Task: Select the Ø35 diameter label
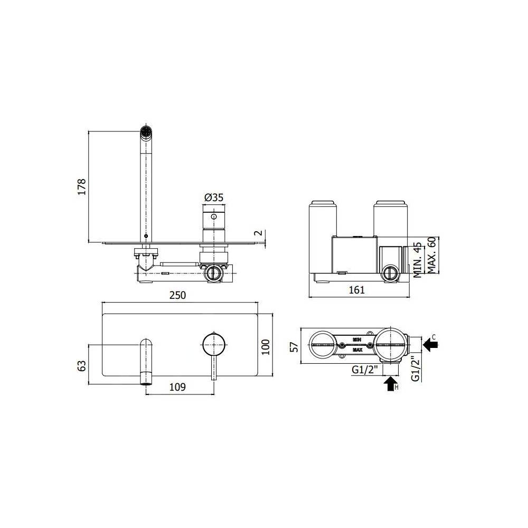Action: [214, 197]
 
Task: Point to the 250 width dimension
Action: [178, 296]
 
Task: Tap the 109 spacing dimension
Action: [178, 387]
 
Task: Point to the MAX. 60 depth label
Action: [431, 256]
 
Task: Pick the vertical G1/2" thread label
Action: [416, 368]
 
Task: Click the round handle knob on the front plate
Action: [213, 344]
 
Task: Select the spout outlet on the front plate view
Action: [145, 378]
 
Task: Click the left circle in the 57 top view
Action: [323, 344]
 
